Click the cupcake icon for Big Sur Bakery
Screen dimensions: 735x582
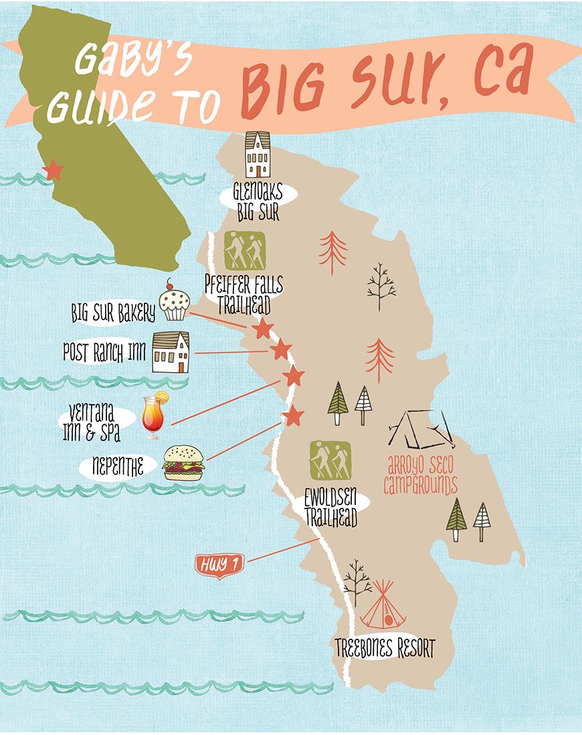pyautogui.click(x=175, y=304)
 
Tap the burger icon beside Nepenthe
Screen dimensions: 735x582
pyautogui.click(x=183, y=463)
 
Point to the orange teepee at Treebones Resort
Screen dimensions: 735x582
pyautogui.click(x=384, y=605)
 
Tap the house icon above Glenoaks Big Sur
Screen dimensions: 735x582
pyautogui.click(x=258, y=155)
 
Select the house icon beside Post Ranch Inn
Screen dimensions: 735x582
pyautogui.click(x=171, y=352)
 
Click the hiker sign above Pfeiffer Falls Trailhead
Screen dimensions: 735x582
pyautogui.click(x=244, y=251)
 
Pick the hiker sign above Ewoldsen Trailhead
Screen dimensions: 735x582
pyautogui.click(x=330, y=460)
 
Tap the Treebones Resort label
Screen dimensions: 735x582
pyautogui.click(x=385, y=648)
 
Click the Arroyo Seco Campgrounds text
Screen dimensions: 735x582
pyautogui.click(x=421, y=474)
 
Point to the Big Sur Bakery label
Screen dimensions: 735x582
pyautogui.click(x=113, y=313)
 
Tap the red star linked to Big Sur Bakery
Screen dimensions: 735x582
pyautogui.click(x=263, y=329)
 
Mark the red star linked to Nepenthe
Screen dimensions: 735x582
pyautogui.click(x=292, y=416)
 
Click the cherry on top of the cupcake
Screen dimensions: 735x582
pyautogui.click(x=170, y=284)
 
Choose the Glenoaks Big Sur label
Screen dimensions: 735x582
pyautogui.click(x=258, y=202)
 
